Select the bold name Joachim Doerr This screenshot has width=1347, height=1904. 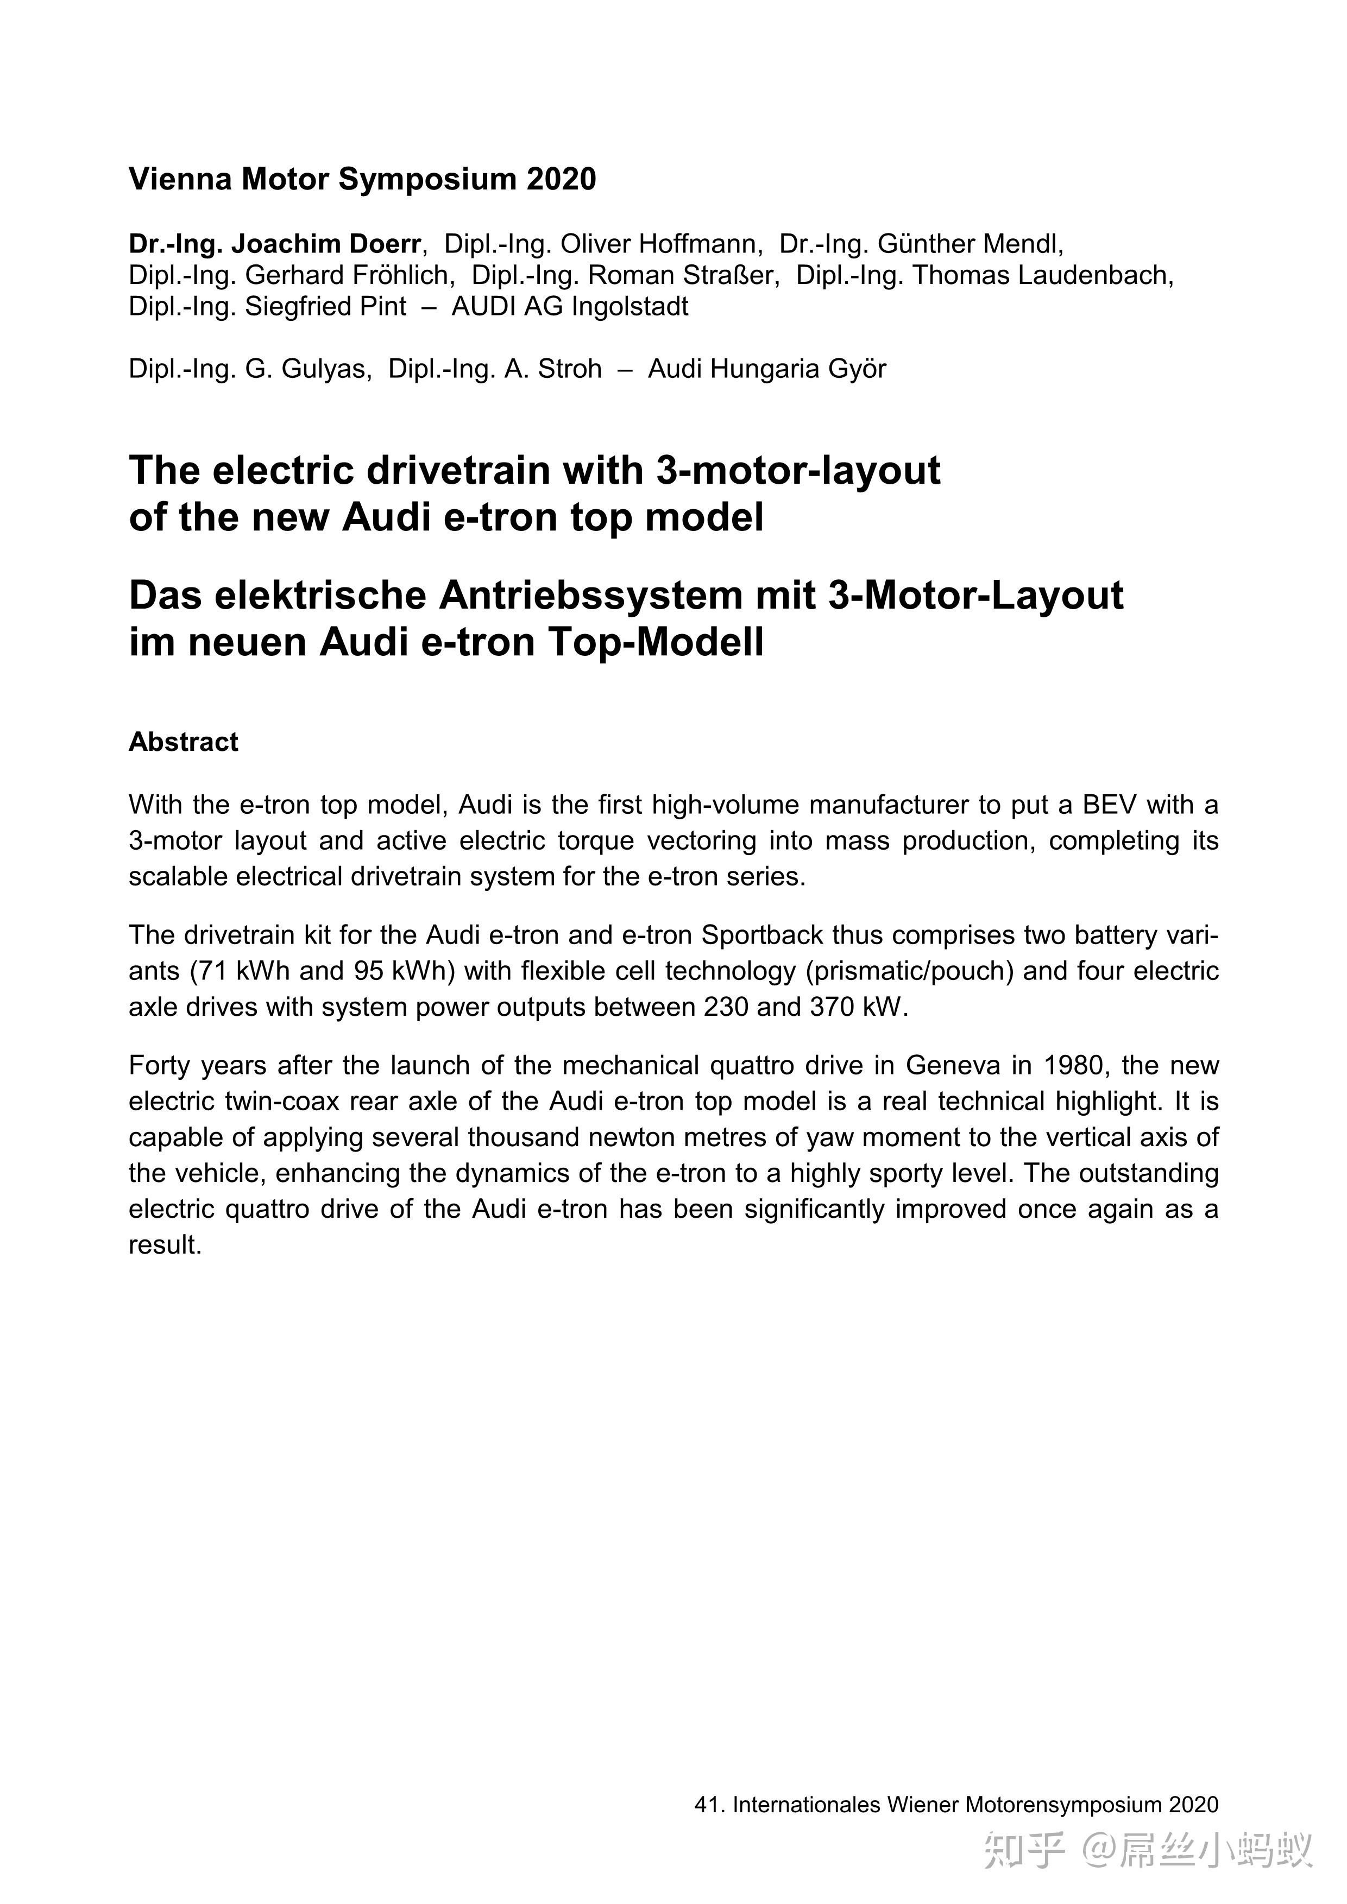pyautogui.click(x=325, y=244)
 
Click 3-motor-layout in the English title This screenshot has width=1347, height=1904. pyautogui.click(x=798, y=470)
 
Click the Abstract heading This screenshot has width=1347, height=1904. pyautogui.click(x=183, y=742)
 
